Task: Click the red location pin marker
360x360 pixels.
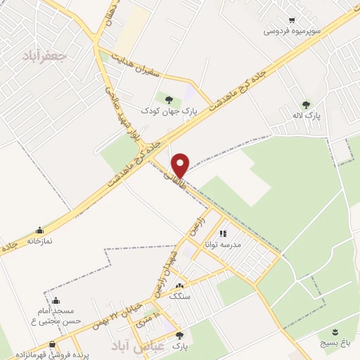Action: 180,165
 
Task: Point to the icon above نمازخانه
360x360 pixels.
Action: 39,229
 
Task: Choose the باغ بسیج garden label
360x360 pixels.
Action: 335,342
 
